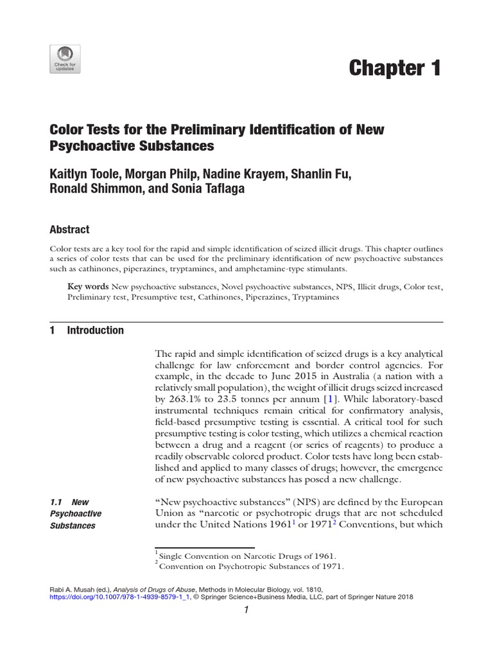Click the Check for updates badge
[x=64, y=58]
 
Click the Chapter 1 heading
[x=395, y=68]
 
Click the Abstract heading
[x=69, y=229]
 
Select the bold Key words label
[x=89, y=286]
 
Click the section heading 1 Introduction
[x=87, y=330]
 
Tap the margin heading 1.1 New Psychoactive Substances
[x=76, y=513]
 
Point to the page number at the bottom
[x=246, y=611]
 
